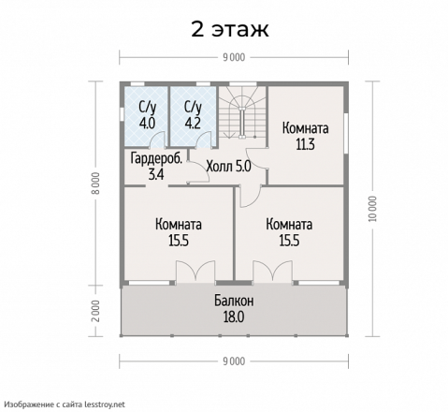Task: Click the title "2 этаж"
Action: (230, 30)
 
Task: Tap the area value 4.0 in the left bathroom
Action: (147, 124)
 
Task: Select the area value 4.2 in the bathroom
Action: (193, 124)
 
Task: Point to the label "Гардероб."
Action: (156, 158)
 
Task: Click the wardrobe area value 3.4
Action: (156, 174)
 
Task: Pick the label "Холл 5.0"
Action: (228, 167)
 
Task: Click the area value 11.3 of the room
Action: (306, 144)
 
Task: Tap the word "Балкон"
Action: (234, 302)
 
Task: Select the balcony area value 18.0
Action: (234, 317)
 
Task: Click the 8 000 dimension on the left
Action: (96, 184)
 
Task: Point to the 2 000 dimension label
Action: (96, 311)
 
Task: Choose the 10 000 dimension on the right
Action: (372, 209)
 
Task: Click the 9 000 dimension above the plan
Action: (234, 57)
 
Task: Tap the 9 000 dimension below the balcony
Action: (234, 361)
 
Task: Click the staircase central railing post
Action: (242, 122)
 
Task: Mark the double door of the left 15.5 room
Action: (195, 272)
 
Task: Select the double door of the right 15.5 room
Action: (273, 272)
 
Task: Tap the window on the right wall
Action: (346, 133)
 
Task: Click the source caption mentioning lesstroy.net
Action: (65, 405)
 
